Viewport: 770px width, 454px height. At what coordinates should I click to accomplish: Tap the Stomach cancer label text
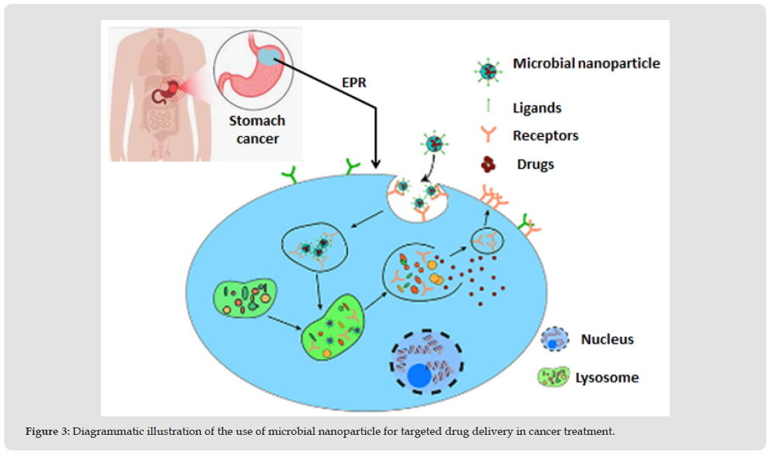click(256, 128)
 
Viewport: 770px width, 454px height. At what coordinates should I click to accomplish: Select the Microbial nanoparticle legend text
click(586, 63)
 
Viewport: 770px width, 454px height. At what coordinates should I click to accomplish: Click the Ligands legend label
click(537, 108)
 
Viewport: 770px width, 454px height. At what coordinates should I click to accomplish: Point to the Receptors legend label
click(545, 136)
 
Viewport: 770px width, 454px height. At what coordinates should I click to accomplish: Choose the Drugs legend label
click(536, 164)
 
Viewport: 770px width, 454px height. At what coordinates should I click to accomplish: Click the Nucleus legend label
click(607, 340)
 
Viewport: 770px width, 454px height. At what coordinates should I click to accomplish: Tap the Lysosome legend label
click(607, 377)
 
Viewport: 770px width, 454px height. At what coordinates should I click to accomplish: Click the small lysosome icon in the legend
click(552, 377)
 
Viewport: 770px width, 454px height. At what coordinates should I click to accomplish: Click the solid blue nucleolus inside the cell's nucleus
click(421, 377)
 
